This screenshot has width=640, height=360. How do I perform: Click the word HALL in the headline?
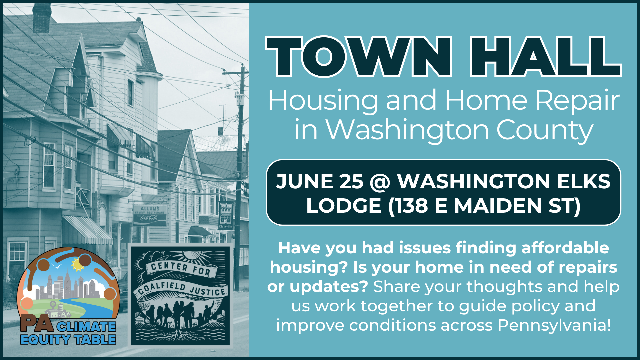[545, 57]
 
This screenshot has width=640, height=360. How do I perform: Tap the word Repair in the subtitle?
[577, 101]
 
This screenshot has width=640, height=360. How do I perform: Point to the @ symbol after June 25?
[380, 182]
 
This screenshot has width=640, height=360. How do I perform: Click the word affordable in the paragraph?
[565, 248]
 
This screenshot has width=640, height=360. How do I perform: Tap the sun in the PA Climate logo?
[78, 264]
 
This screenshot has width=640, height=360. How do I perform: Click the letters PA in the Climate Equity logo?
[37, 323]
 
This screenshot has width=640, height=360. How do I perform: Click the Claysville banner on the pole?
[226, 215]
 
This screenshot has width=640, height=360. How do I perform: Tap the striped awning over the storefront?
[88, 230]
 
